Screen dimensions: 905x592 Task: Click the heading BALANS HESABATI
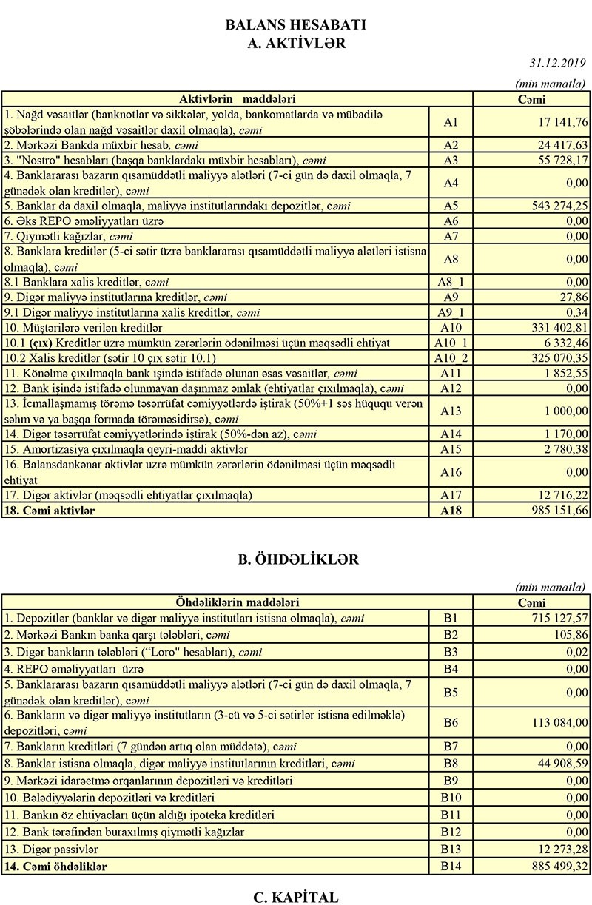pyautogui.click(x=296, y=25)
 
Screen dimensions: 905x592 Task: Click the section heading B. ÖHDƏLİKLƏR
pyautogui.click(x=296, y=559)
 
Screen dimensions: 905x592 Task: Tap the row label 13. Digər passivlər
pyautogui.click(x=51, y=849)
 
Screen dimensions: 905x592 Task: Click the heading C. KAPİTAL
pyautogui.click(x=296, y=897)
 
